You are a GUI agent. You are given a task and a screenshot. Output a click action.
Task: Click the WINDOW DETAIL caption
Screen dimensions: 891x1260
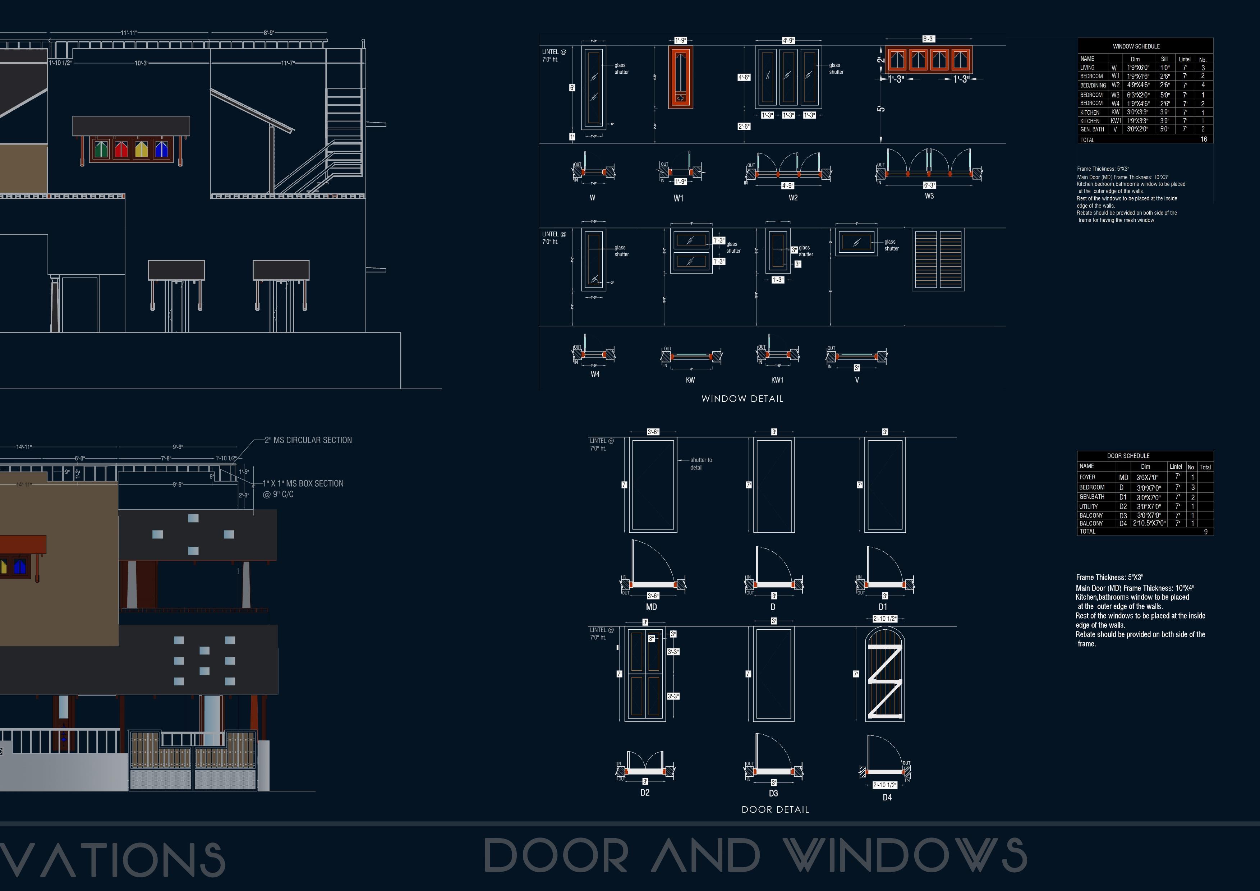[x=742, y=399]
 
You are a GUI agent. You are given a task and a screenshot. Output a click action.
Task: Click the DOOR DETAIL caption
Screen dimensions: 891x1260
[x=775, y=809]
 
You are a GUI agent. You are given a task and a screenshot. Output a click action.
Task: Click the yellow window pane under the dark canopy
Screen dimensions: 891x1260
[x=142, y=149]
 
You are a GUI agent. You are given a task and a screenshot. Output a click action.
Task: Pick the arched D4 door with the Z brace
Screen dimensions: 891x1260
[x=885, y=675]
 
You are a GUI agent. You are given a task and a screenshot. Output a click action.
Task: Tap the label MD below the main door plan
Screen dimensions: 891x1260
[x=652, y=607]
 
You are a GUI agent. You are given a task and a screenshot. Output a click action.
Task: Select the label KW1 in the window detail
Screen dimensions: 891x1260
[x=777, y=380]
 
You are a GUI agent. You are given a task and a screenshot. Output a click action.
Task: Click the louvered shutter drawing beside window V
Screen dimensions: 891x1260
[x=938, y=260]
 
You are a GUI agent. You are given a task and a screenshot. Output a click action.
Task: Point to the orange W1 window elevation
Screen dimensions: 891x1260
[x=680, y=77]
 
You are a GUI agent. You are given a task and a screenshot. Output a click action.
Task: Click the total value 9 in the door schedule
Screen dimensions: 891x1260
[x=1206, y=532]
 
